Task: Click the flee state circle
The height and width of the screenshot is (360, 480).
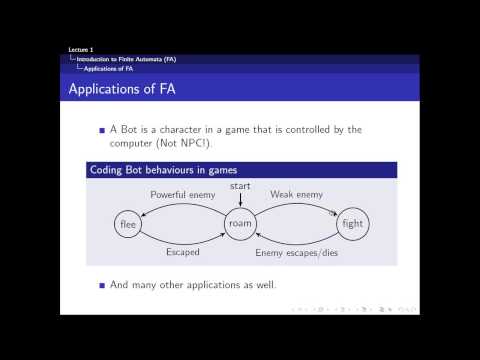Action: pyautogui.click(x=128, y=224)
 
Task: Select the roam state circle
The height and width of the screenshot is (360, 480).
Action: pyautogui.click(x=241, y=224)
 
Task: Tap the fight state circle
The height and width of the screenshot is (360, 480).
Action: pyautogui.click(x=353, y=224)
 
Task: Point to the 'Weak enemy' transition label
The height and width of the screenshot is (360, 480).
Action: pyautogui.click(x=297, y=193)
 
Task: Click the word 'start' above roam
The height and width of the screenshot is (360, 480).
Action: pyautogui.click(x=241, y=187)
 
